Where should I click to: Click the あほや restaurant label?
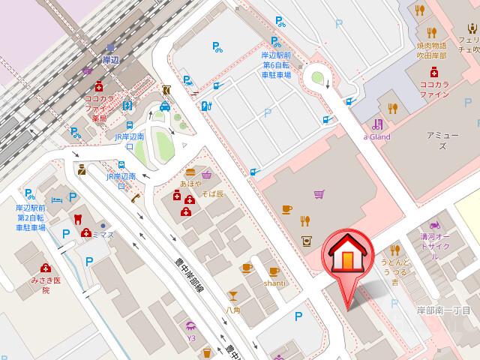[x=190, y=182]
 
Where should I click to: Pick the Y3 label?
[x=190, y=337]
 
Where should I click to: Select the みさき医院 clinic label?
[x=46, y=284]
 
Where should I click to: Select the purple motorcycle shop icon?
[x=433, y=224]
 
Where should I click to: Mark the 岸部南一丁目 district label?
[x=443, y=310]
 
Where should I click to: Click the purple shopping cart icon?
[x=319, y=194]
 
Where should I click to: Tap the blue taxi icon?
[x=164, y=107]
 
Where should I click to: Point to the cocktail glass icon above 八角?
[x=233, y=295]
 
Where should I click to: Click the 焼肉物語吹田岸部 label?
[x=432, y=50]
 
